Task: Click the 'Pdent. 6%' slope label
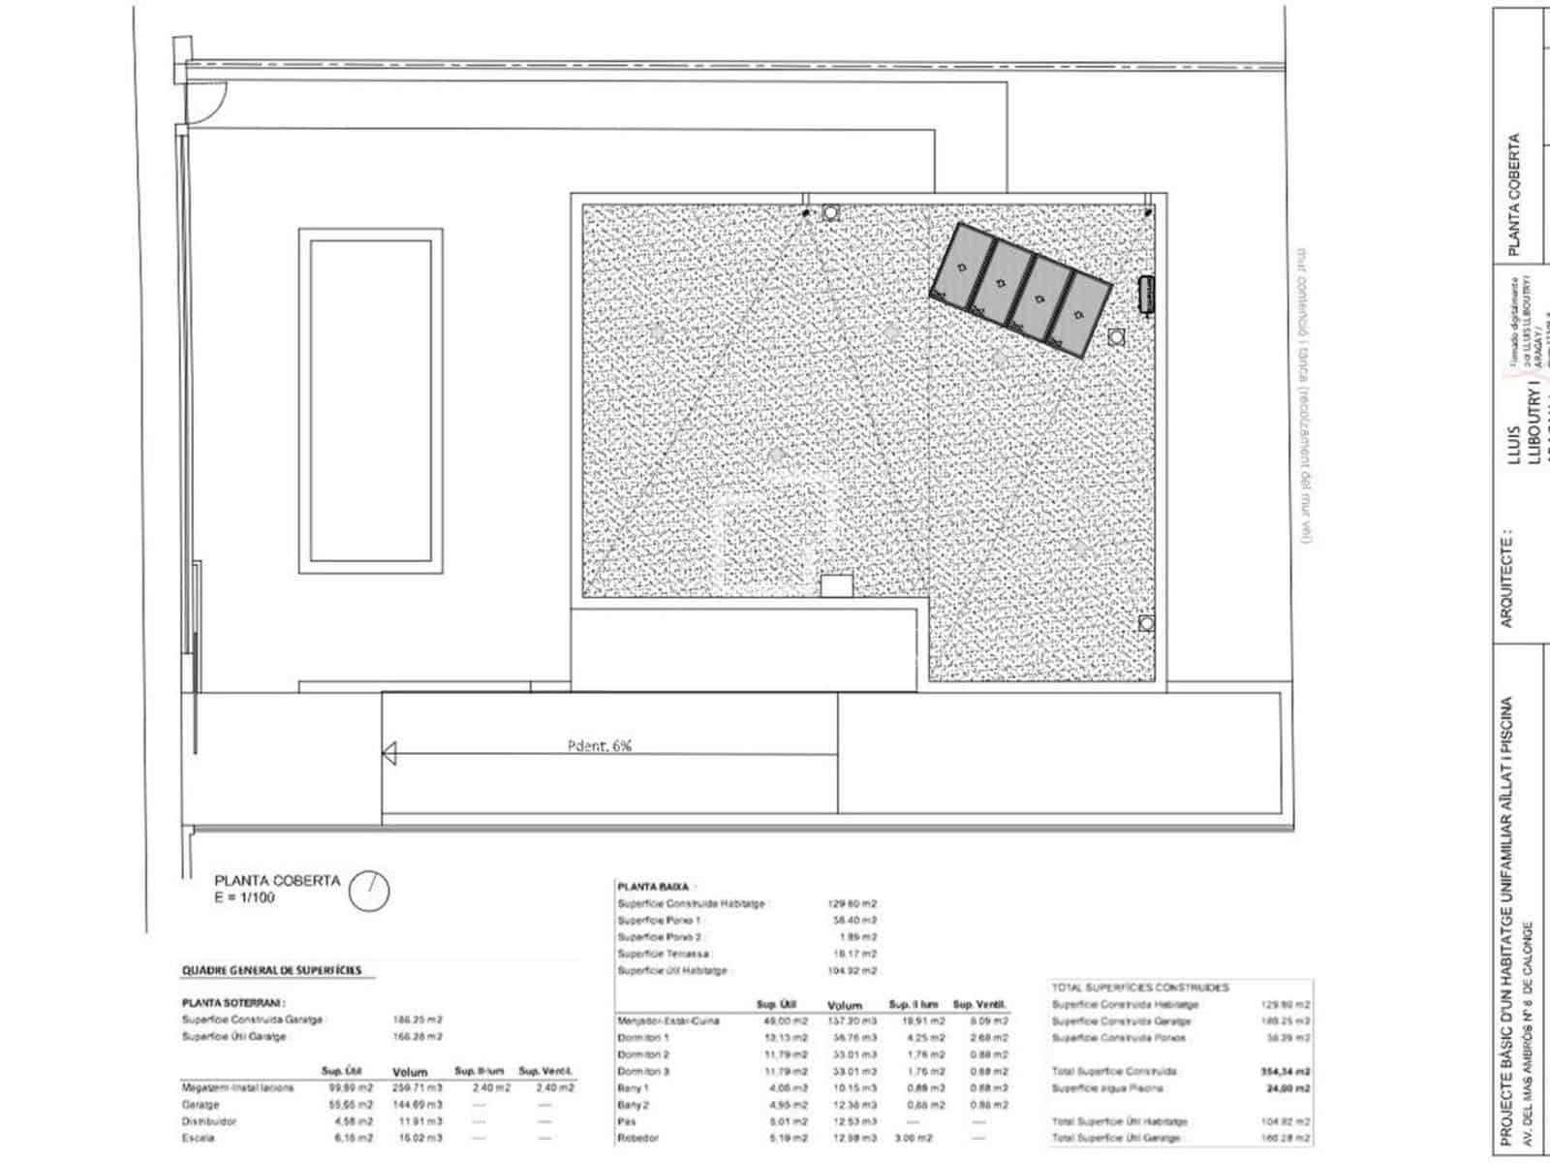(x=599, y=746)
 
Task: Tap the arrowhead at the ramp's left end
(x=389, y=753)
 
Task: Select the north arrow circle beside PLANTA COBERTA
(x=369, y=891)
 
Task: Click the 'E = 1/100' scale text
(x=244, y=897)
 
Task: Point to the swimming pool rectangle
(x=371, y=399)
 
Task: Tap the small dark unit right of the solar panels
(x=1146, y=294)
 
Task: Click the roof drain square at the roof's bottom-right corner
(x=1146, y=623)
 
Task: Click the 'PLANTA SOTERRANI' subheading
(x=232, y=1004)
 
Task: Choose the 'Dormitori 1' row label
(x=643, y=1038)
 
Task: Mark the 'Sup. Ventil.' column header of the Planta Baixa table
(x=979, y=1005)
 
